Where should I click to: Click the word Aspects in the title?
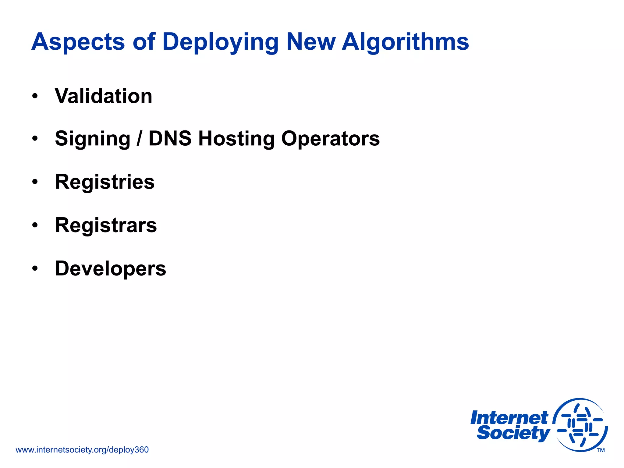(x=78, y=42)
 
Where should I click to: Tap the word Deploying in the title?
(x=220, y=42)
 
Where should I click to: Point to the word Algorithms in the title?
(x=405, y=42)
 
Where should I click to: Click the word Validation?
(x=104, y=96)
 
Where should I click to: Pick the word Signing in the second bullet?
(x=93, y=139)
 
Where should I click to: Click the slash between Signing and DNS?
(x=139, y=139)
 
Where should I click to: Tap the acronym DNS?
(x=170, y=139)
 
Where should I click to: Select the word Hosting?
(x=236, y=139)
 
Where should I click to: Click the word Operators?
(x=330, y=139)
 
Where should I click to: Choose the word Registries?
(x=105, y=182)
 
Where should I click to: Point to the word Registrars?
(x=106, y=225)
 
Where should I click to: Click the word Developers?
(x=111, y=269)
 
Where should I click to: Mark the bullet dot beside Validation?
(x=35, y=96)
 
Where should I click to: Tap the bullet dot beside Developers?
(x=35, y=269)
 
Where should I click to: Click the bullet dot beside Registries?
(x=35, y=182)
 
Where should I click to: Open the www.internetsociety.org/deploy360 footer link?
(x=82, y=450)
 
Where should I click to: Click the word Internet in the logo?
(x=509, y=418)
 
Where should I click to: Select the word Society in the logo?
(x=513, y=433)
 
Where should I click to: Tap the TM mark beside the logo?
(x=601, y=450)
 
